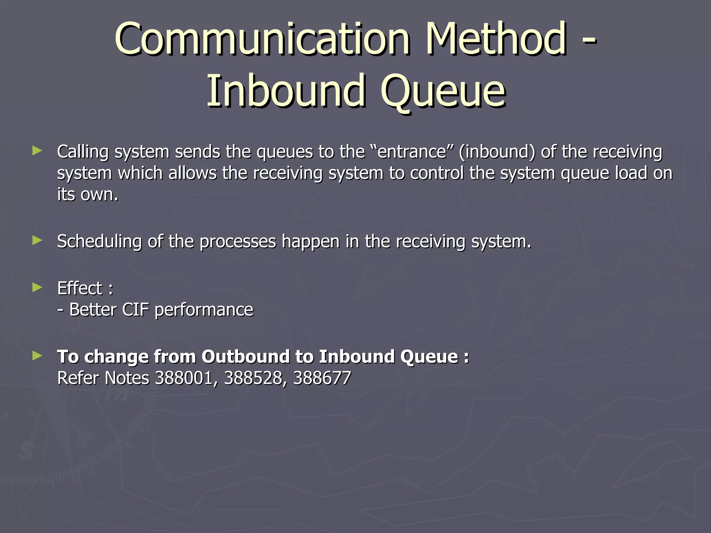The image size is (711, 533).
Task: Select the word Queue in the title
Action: click(443, 92)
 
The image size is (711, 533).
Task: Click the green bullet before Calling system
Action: click(37, 151)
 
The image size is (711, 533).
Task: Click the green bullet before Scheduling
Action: click(37, 240)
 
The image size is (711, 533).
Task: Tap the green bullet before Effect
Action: click(37, 287)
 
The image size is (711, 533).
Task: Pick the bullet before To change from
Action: click(37, 355)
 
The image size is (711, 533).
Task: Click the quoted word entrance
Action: click(411, 152)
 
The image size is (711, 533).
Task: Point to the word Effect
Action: click(80, 288)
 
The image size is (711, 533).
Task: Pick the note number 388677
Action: click(322, 378)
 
